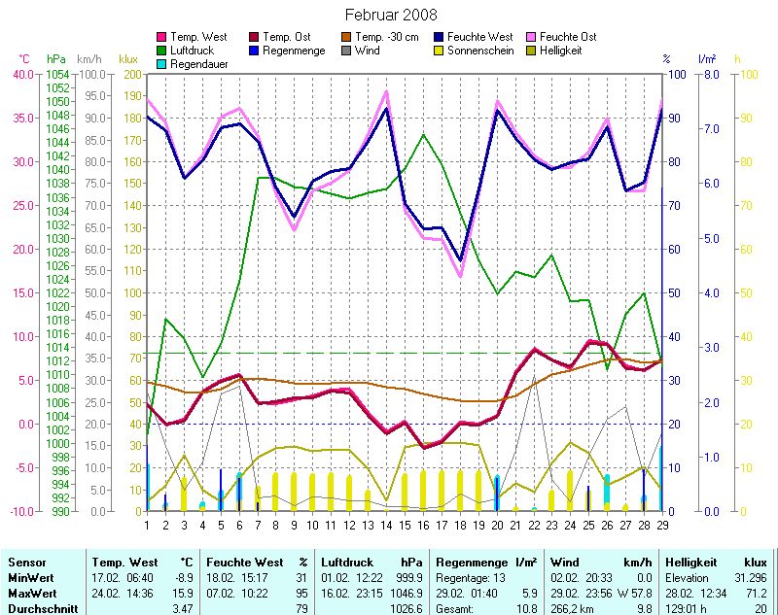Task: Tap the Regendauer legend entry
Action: click(199, 64)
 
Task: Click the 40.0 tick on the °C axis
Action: click(22, 74)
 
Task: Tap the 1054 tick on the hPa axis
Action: click(57, 74)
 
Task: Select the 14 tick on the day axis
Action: click(386, 526)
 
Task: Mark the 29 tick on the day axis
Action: click(661, 526)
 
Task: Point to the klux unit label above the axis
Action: click(127, 59)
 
